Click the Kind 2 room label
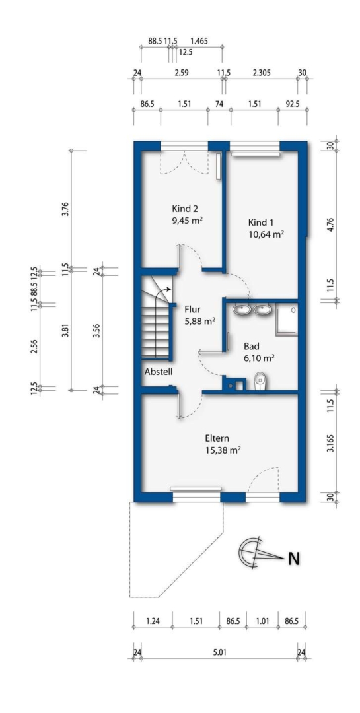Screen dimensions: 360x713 [185, 209]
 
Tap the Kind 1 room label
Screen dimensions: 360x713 [261, 223]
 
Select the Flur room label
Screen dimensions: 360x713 [192, 310]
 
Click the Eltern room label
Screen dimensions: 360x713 [217, 439]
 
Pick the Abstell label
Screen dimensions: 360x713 [159, 372]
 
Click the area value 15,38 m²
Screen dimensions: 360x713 [223, 450]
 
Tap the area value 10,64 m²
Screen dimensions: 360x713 [266, 234]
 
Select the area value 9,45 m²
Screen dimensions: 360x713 [187, 221]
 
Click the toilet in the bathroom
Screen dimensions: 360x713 [260, 381]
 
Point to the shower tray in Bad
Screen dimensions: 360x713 [286, 319]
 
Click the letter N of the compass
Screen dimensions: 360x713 [294, 559]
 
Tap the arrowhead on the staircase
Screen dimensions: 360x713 [168, 289]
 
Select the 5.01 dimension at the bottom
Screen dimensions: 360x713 [219, 652]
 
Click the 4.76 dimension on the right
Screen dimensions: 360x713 [331, 226]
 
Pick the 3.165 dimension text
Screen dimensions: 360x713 [331, 442]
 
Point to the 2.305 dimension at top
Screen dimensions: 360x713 [261, 72]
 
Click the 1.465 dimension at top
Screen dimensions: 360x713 [199, 40]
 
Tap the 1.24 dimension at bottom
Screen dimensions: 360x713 [153, 621]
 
